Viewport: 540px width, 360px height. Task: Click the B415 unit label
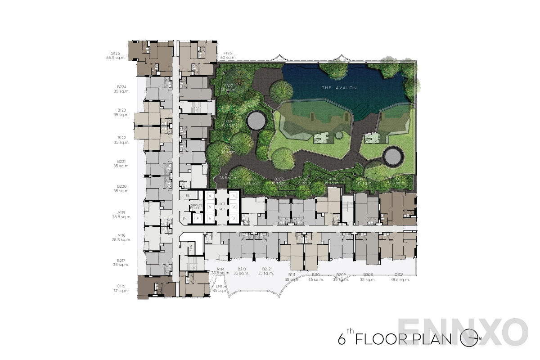click(220, 286)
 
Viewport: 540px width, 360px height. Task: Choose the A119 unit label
click(121, 212)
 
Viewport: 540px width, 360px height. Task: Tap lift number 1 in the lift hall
click(234, 196)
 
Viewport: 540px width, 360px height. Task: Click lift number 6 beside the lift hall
click(210, 218)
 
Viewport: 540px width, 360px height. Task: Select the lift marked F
click(197, 219)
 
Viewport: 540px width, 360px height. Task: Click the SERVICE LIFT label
click(197, 206)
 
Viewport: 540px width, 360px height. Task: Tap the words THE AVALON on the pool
click(339, 88)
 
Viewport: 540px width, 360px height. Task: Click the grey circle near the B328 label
click(256, 121)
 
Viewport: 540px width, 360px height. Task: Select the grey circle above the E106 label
click(393, 156)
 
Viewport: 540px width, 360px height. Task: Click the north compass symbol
click(470, 338)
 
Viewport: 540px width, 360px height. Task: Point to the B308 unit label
click(368, 274)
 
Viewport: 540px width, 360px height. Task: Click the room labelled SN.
click(184, 219)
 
